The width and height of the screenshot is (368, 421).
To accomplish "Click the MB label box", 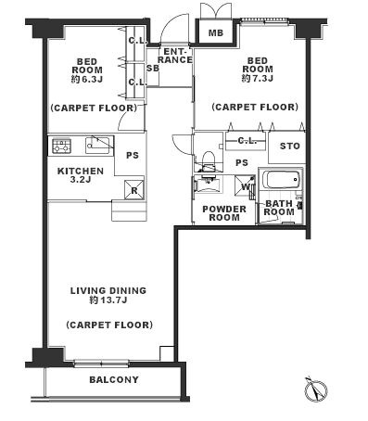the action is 215,32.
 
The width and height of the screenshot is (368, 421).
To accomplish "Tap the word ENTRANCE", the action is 175,56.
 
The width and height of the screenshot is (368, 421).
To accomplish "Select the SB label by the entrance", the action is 153,68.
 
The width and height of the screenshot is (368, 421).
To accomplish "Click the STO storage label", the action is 289,146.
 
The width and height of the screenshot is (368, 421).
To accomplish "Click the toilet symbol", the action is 208,160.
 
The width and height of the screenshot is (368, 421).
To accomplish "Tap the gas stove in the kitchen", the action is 62,146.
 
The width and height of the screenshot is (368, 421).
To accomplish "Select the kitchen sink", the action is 97,146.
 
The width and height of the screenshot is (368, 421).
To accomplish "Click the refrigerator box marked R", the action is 133,189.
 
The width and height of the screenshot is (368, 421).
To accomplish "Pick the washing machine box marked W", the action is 245,186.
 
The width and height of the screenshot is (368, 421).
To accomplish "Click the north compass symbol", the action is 316,389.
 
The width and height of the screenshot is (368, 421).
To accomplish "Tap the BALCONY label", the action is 114,380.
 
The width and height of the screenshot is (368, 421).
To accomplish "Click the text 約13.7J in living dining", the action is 108,300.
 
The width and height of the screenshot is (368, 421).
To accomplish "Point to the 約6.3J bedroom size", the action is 87,80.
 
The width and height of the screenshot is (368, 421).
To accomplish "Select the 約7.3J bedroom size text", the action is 258,78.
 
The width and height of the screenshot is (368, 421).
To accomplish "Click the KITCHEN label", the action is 81,171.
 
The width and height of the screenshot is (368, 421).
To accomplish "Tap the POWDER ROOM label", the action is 224,213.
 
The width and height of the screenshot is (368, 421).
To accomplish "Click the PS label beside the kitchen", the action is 133,155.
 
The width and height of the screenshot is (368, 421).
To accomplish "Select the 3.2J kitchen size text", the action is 81,180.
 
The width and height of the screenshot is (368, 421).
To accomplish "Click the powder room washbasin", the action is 209,185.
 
